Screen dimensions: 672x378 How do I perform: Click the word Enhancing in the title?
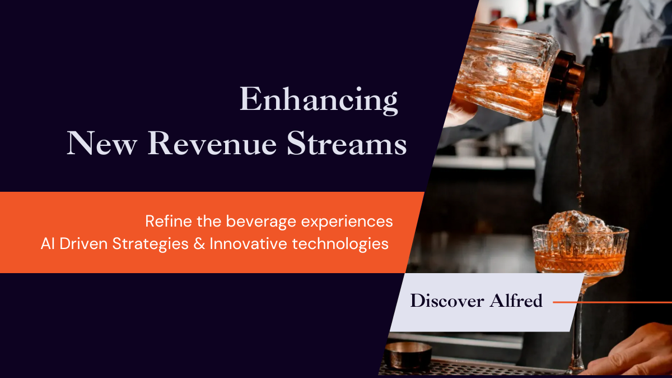click(319, 100)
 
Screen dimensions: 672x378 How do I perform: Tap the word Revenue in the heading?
click(212, 143)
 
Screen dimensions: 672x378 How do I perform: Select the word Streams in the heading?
click(347, 143)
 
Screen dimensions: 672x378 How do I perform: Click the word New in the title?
click(102, 143)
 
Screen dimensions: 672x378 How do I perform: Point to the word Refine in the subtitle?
click(169, 221)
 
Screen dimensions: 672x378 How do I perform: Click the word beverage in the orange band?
click(261, 222)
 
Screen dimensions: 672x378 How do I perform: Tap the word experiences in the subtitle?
click(347, 222)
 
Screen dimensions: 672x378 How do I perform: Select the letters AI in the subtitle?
click(48, 244)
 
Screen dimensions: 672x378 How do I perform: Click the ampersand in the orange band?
click(199, 244)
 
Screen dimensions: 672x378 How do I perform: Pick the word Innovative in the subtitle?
click(249, 244)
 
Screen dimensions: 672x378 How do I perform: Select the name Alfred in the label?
click(516, 301)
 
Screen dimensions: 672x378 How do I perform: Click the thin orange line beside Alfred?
click(612, 302)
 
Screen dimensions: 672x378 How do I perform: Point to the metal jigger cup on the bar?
click(408, 355)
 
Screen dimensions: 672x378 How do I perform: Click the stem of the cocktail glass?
click(578, 336)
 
